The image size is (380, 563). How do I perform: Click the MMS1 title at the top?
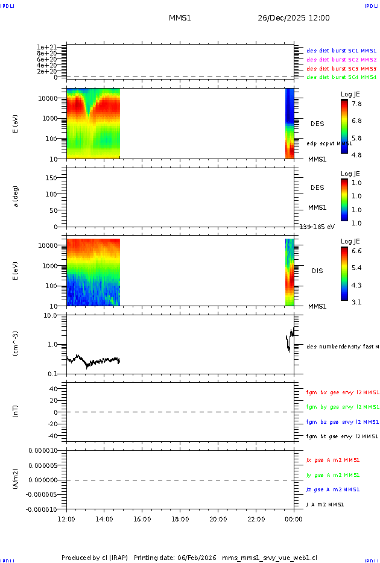[x=180, y=18]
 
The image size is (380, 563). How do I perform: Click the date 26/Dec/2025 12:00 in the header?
[x=294, y=18]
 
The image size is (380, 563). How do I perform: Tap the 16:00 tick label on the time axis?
[x=142, y=518]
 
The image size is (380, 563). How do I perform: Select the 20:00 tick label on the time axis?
[x=218, y=518]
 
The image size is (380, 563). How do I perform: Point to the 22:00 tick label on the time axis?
[x=256, y=518]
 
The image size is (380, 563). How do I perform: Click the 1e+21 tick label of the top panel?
[x=46, y=47]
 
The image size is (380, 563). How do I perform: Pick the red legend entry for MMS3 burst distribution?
[x=341, y=69]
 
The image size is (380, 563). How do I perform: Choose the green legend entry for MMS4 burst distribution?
[x=341, y=78]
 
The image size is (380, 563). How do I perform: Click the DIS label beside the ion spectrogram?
[x=317, y=271]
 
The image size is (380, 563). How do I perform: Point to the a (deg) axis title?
[x=16, y=196]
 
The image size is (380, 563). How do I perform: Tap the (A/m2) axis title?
[x=16, y=479]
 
